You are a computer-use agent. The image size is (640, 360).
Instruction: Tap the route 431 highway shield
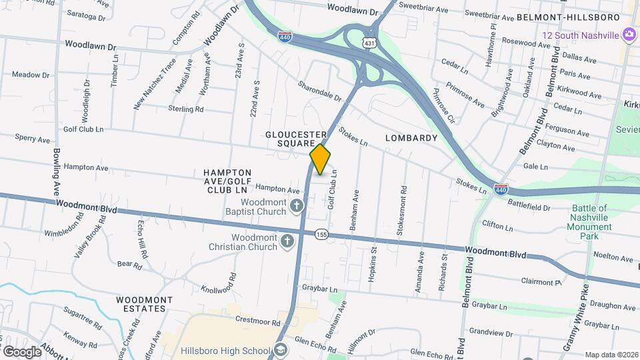(x=369, y=42)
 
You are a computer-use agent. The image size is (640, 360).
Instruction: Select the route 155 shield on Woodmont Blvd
(x=322, y=234)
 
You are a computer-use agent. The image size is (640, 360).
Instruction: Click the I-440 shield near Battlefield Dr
(x=501, y=190)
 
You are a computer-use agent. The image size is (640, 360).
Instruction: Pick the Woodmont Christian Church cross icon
(x=287, y=241)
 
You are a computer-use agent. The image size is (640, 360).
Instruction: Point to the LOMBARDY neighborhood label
(x=411, y=138)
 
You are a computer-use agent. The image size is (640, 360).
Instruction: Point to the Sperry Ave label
(x=33, y=139)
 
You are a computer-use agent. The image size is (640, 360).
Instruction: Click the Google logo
(x=22, y=351)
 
